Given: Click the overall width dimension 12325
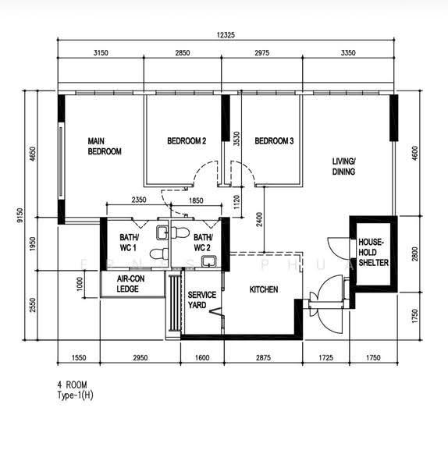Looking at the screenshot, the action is [x=226, y=35].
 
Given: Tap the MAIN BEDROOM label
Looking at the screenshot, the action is [x=105, y=147].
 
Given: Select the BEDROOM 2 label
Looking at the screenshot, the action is [x=187, y=140].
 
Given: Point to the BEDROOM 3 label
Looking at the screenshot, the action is [x=274, y=140].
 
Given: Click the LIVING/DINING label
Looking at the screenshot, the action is [x=343, y=166].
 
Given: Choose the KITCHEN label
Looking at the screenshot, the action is [x=264, y=289].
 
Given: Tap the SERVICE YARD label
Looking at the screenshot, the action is [x=201, y=300].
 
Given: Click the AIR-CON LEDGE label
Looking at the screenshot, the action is [x=130, y=284].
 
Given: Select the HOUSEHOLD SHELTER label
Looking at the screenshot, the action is [x=373, y=252].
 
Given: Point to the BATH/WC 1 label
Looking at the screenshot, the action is [x=129, y=243].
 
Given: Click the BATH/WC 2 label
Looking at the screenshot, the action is [x=203, y=243].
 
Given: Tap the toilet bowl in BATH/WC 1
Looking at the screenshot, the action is [x=159, y=253].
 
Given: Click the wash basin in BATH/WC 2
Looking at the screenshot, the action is [x=208, y=261].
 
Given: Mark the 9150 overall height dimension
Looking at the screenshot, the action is [x=20, y=215].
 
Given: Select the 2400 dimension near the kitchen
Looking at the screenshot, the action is [x=259, y=219].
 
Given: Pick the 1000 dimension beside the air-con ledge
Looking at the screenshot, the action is [x=79, y=284].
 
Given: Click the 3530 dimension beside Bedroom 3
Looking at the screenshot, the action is [x=236, y=139].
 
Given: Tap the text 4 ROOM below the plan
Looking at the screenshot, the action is [x=73, y=384].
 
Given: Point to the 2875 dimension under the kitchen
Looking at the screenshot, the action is [x=264, y=357].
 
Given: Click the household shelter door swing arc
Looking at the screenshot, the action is [x=332, y=246].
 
